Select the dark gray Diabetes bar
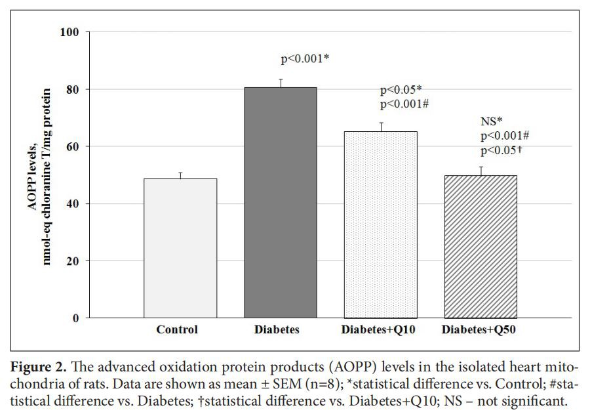click(x=281, y=203)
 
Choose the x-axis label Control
click(x=176, y=330)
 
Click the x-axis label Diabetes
click(x=277, y=330)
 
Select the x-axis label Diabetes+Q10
click(x=378, y=330)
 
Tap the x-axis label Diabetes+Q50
click(x=479, y=330)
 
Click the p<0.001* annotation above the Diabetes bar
click(x=305, y=60)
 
